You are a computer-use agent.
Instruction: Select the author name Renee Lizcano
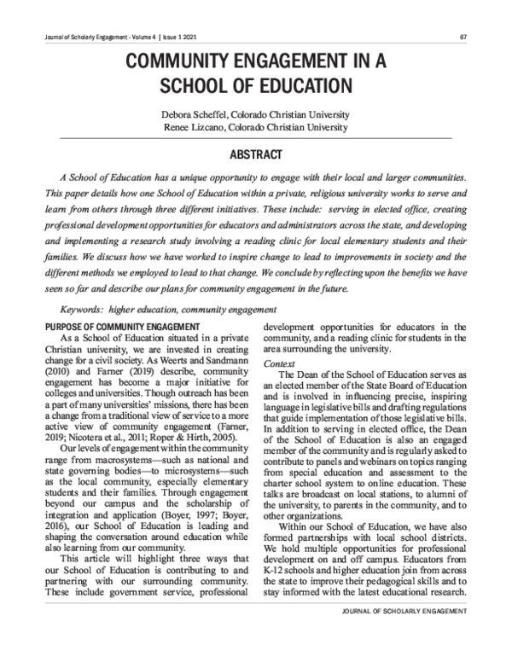196,127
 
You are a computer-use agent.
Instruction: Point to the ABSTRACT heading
256,156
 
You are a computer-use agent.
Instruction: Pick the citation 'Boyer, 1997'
189,517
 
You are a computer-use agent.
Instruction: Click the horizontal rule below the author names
256,137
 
